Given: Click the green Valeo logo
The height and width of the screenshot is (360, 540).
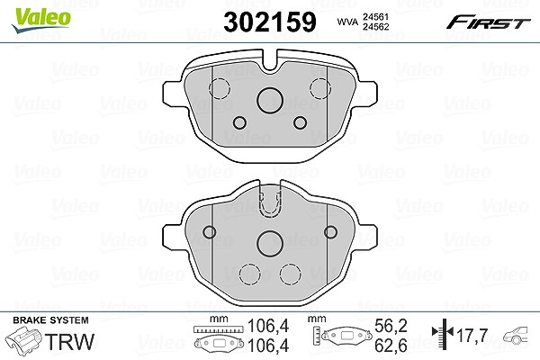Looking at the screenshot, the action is click(x=41, y=20).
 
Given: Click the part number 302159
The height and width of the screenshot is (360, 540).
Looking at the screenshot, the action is click(x=270, y=22).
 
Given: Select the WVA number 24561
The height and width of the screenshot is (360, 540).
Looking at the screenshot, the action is click(x=375, y=17).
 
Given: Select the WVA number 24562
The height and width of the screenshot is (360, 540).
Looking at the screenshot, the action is click(x=375, y=27).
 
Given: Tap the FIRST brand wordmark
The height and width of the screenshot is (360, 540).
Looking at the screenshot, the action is click(x=489, y=22).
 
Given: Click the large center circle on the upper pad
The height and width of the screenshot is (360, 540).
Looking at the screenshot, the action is click(x=270, y=100).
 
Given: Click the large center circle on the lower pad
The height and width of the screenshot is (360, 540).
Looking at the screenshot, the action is click(x=270, y=244).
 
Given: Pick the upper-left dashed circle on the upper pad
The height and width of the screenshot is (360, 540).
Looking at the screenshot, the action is click(x=220, y=88).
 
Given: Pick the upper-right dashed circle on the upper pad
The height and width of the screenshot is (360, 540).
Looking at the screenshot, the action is click(x=320, y=88).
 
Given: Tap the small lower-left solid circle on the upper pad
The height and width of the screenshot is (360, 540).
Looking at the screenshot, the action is click(x=239, y=122).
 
